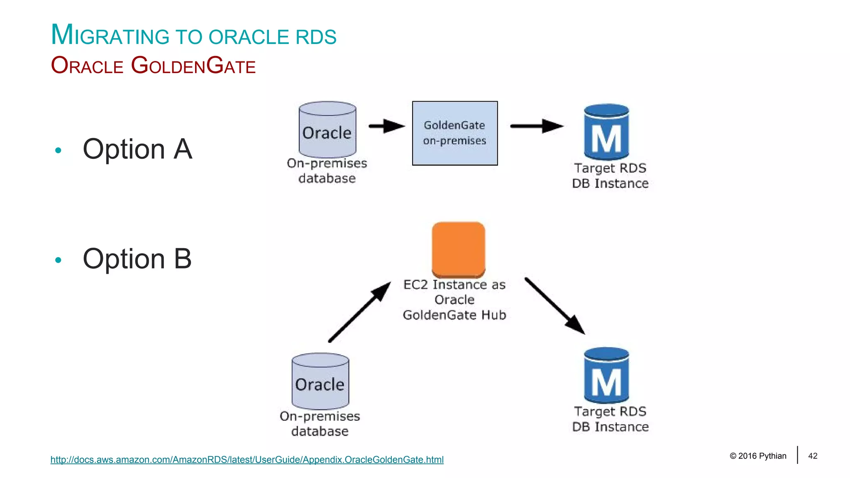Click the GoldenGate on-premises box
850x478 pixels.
(454, 133)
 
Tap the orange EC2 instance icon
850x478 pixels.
(458, 249)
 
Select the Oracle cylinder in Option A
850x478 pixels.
(327, 130)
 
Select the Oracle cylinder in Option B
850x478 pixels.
(320, 381)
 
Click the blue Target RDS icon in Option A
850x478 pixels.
(606, 132)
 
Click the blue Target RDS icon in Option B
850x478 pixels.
(606, 376)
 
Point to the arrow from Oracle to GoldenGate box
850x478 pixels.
(386, 126)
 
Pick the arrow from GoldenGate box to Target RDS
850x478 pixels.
(536, 126)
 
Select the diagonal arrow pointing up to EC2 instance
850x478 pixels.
(359, 312)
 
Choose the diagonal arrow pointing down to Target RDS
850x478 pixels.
(554, 306)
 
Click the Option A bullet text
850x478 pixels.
(137, 149)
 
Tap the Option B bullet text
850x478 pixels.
(137, 259)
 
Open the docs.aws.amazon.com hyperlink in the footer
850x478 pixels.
(247, 460)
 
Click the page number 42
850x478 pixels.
(813, 456)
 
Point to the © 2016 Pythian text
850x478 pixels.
(758, 456)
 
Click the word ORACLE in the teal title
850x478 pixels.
(249, 37)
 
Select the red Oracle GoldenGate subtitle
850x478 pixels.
(153, 66)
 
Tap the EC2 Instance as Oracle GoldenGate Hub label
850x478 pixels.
(454, 300)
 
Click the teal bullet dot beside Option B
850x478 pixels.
(58, 260)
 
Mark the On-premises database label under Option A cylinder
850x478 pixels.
(327, 171)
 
